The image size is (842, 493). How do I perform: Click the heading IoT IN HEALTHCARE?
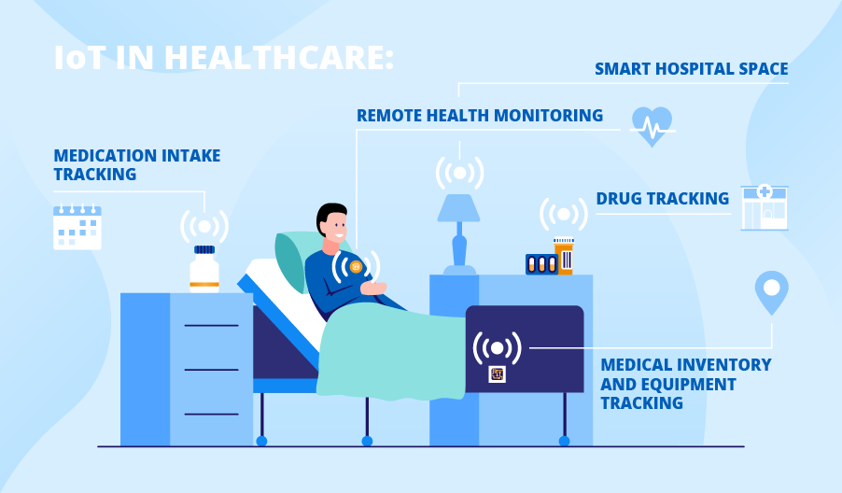(224, 57)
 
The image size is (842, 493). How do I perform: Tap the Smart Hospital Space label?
(691, 69)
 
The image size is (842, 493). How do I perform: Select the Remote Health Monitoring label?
(479, 116)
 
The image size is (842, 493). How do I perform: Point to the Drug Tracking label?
(662, 199)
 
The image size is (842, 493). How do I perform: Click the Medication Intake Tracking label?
(136, 164)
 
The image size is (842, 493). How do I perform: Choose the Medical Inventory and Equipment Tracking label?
(685, 384)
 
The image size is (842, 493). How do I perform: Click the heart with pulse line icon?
(653, 126)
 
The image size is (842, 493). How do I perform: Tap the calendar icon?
(77, 227)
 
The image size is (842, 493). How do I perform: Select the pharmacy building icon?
(765, 206)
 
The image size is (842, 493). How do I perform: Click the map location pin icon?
(771, 291)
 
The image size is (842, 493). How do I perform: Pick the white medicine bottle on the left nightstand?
(204, 270)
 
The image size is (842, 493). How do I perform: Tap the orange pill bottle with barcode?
(564, 257)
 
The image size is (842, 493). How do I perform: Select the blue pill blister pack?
(540, 264)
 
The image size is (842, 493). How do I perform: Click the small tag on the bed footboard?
(497, 374)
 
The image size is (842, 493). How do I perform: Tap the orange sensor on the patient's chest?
(356, 267)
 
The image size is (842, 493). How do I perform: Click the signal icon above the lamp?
(459, 173)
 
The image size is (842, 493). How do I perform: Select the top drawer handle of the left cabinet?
(211, 326)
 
